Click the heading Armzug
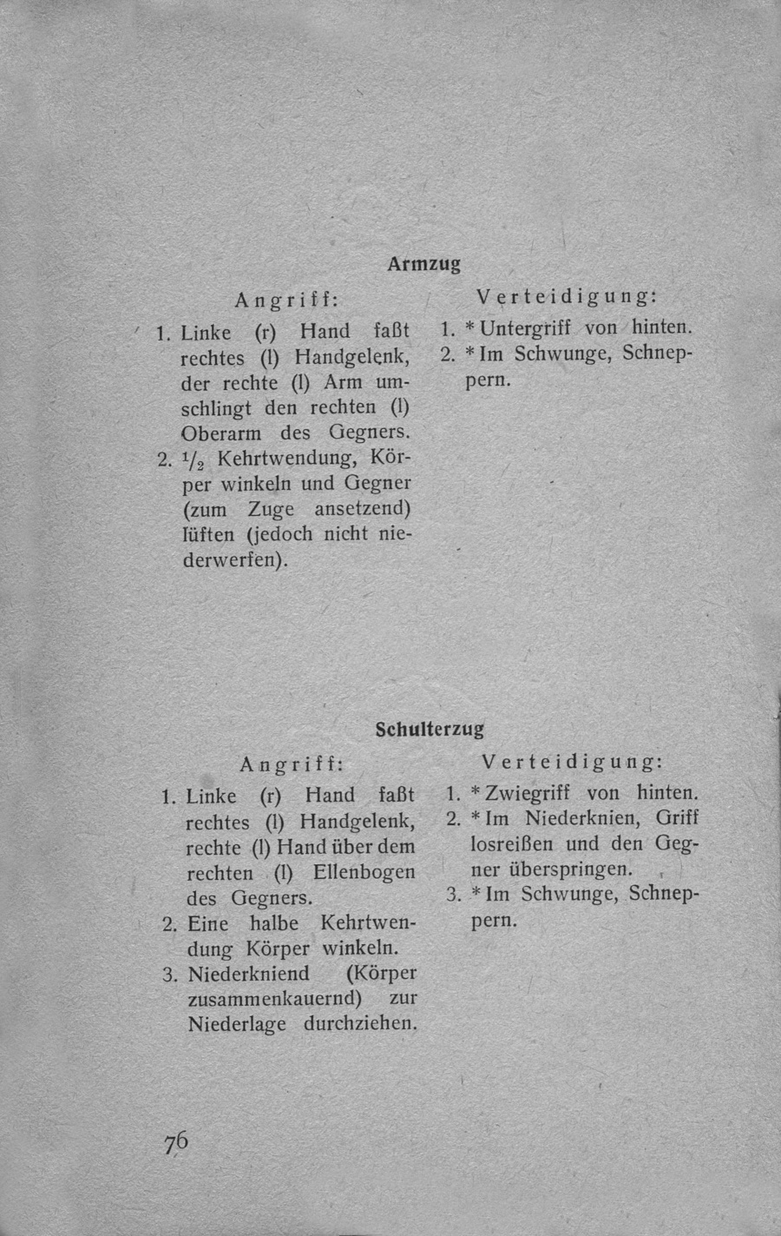pos(423,263)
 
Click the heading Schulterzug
pos(429,729)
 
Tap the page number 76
pos(174,1142)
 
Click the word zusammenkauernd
pos(273,998)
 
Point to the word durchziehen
pos(361,1023)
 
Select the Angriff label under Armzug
pos(285,300)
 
